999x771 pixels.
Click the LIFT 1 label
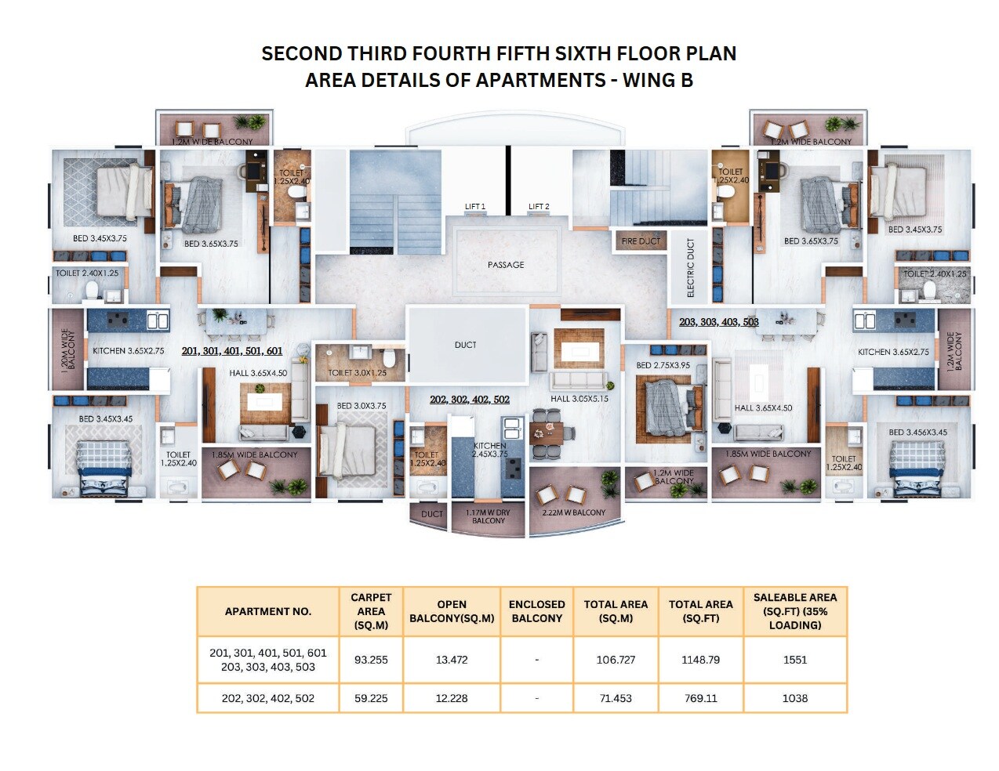(x=474, y=207)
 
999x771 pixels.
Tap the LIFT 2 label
(x=539, y=207)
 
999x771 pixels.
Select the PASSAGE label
(x=506, y=265)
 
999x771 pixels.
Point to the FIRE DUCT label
(x=641, y=241)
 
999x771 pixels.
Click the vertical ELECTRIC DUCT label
(x=691, y=268)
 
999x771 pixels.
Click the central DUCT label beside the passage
(x=466, y=345)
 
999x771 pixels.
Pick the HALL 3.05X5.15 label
(x=579, y=399)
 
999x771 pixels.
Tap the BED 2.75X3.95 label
(x=663, y=365)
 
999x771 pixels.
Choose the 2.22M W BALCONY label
(x=574, y=512)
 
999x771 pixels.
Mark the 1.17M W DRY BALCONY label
(x=488, y=516)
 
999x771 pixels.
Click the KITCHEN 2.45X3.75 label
(x=490, y=450)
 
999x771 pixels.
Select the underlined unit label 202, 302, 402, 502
(x=470, y=400)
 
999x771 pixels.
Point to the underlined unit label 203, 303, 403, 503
(x=719, y=322)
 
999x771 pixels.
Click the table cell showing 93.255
(x=371, y=660)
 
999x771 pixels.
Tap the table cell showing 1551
(x=794, y=660)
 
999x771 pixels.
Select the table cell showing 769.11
(x=700, y=698)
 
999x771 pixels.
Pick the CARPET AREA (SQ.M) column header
(x=371, y=611)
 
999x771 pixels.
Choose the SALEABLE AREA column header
(x=794, y=611)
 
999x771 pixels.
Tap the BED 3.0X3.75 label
(x=361, y=406)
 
